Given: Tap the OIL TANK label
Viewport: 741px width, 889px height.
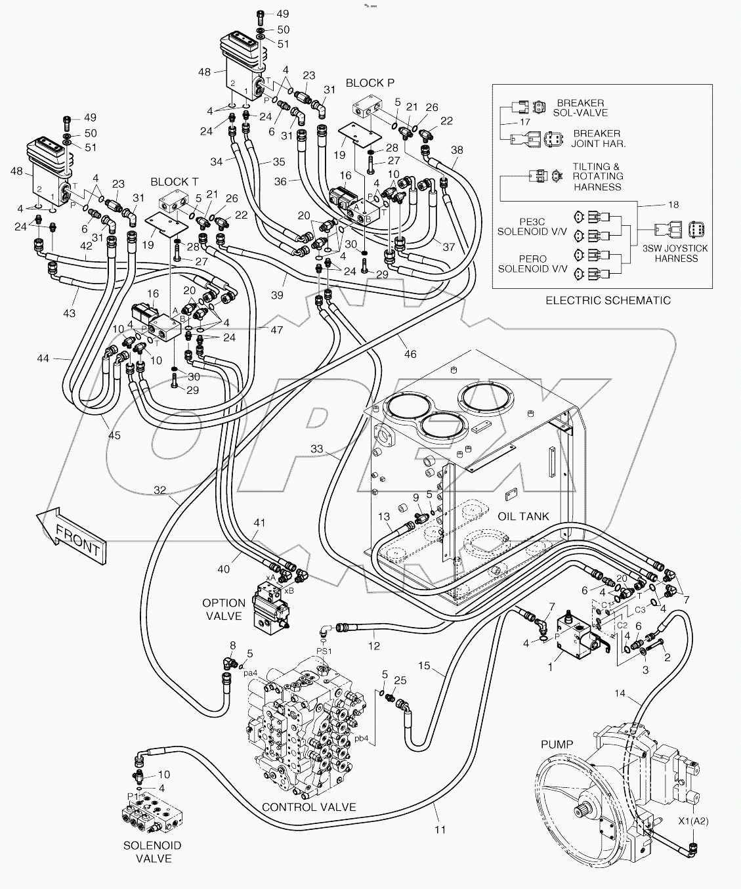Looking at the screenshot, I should point(523,516).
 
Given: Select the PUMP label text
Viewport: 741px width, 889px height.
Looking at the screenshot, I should point(557,744).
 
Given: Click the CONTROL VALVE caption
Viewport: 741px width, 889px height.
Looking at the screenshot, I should point(308,807).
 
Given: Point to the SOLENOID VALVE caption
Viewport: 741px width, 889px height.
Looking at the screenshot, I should point(153,852).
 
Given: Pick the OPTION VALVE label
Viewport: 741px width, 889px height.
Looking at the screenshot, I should point(223,609).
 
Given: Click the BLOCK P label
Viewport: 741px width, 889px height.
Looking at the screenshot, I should point(370,83).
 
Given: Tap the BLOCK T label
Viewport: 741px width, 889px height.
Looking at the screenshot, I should point(175,181).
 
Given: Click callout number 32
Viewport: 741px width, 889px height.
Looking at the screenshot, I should point(159,489).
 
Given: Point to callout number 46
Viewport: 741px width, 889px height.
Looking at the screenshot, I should point(410,355).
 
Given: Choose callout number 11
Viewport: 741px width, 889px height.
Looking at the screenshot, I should point(440,829).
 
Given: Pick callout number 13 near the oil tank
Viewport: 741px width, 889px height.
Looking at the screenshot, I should point(383,517).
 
